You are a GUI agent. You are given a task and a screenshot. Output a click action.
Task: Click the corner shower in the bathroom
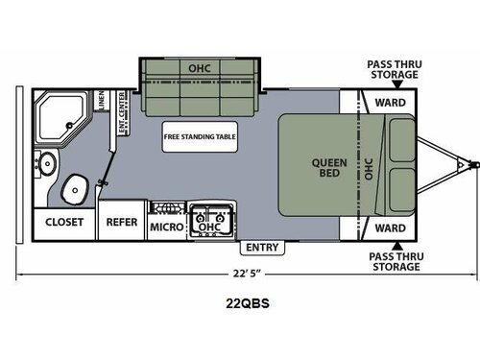[60, 115]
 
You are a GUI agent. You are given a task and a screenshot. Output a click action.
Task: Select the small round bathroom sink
[44, 158]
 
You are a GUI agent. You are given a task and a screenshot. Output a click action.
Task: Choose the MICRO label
[167, 228]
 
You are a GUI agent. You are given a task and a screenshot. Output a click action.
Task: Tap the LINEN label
[100, 102]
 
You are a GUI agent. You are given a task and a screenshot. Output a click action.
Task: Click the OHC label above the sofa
[199, 67]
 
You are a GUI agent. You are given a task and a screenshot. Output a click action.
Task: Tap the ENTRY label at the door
[261, 248]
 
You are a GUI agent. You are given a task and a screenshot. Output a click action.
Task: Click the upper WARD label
[390, 102]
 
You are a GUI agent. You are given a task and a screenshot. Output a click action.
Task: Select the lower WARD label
[390, 228]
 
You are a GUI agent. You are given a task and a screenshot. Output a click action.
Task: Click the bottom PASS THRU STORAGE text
[393, 261]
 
